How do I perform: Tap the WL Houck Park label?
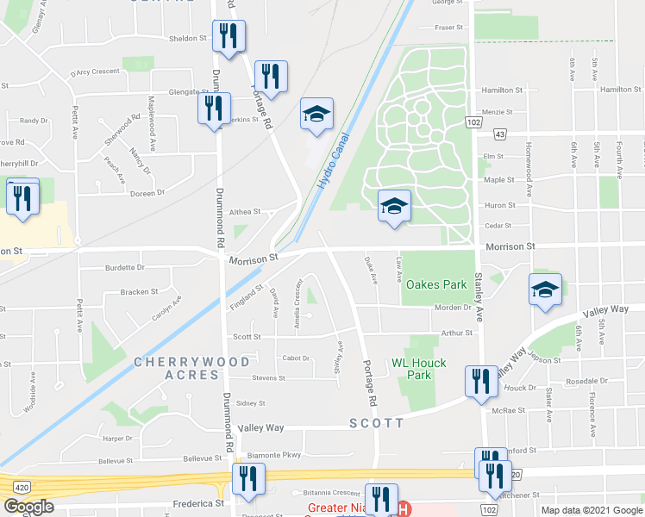coord(419,369)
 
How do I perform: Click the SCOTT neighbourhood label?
coord(377,423)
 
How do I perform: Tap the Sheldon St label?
coord(188,39)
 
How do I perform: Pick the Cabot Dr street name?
coord(295,358)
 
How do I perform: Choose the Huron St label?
coord(499,205)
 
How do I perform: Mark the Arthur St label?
coord(457,333)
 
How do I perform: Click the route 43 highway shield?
coord(499,134)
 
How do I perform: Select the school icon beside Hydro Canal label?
coord(316,114)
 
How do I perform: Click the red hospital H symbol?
coord(403,509)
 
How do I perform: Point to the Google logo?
coord(28,507)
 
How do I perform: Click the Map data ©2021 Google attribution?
coord(592,510)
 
